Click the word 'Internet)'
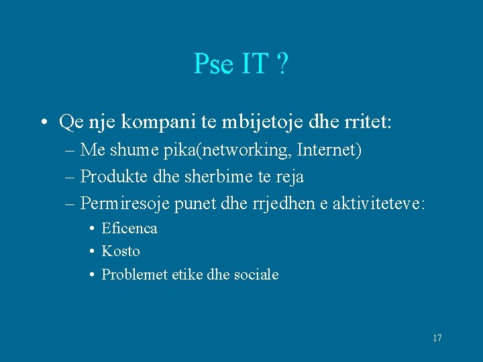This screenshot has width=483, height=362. [x=329, y=151]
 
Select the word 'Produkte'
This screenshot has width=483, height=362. [x=108, y=176]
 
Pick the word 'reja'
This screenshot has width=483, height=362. [x=290, y=177]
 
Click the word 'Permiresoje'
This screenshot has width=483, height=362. [x=125, y=202]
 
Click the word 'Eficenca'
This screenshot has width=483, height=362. [x=129, y=229]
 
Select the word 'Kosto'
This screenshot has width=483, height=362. [x=121, y=251]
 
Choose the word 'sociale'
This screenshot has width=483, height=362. [x=256, y=274]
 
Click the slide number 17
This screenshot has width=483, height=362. [x=437, y=338]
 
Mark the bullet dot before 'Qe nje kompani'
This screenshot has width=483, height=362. [x=43, y=123]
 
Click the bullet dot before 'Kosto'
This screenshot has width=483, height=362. [x=91, y=252]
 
